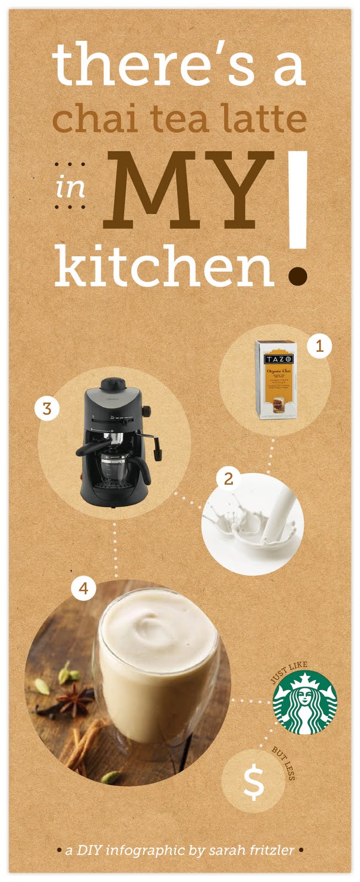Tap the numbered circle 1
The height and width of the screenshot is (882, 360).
[319, 347]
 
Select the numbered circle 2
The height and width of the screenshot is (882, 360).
[228, 478]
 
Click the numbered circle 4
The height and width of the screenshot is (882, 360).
[83, 588]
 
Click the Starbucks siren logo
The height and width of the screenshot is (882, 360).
[305, 702]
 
